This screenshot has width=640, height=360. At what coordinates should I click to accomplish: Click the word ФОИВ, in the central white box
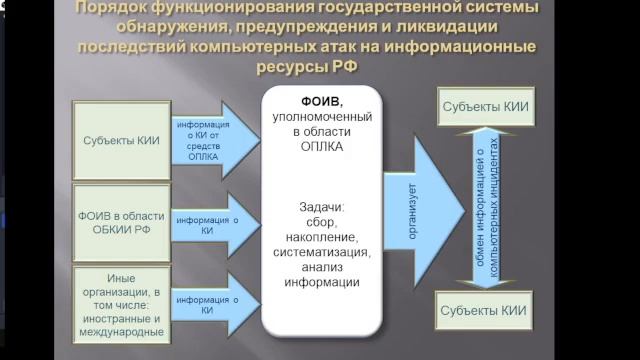[x=321, y=102]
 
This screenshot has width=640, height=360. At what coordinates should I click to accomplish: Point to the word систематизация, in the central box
[x=321, y=253]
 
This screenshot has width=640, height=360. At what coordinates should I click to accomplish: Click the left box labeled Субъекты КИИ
[x=121, y=141]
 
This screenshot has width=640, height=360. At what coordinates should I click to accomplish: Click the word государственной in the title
[x=421, y=9]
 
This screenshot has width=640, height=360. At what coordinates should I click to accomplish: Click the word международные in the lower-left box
[x=121, y=327]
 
